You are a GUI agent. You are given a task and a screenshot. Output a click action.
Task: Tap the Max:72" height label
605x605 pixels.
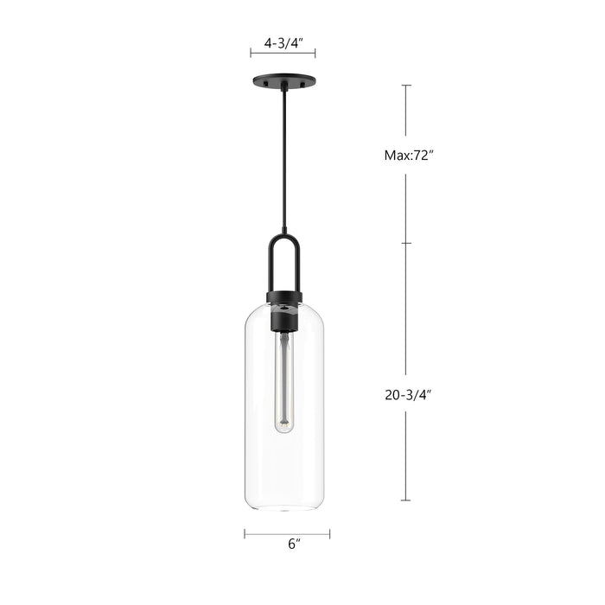pyautogui.click(x=407, y=156)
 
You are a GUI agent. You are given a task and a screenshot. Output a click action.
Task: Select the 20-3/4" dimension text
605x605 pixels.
pyautogui.click(x=407, y=394)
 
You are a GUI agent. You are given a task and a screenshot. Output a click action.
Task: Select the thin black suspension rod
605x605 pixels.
pyautogui.click(x=283, y=156)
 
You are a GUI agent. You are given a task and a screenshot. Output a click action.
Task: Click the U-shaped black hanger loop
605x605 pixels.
pyautogui.click(x=283, y=259)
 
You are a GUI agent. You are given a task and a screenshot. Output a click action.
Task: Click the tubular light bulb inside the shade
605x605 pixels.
pyautogui.click(x=283, y=380)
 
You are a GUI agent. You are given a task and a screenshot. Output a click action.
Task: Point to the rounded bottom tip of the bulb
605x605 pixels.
pyautogui.click(x=283, y=430)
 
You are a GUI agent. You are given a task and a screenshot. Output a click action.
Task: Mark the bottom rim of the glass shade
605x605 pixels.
pyautogui.click(x=283, y=508)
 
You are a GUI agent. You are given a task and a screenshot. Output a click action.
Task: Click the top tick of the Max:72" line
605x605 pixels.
pyautogui.click(x=406, y=86)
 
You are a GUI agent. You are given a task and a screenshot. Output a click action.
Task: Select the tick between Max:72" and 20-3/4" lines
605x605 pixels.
pyautogui.click(x=406, y=243)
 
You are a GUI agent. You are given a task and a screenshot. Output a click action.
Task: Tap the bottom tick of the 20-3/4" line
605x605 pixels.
pyautogui.click(x=406, y=500)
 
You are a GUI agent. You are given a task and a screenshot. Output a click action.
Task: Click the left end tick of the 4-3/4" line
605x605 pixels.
pyautogui.click(x=251, y=54)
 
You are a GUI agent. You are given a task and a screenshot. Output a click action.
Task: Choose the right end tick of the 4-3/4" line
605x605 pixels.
pyautogui.click(x=315, y=54)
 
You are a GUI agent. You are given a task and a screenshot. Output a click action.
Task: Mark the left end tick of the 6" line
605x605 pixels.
pyautogui.click(x=245, y=533)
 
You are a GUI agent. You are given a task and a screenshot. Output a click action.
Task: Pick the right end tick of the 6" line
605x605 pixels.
pyautogui.click(x=329, y=533)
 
